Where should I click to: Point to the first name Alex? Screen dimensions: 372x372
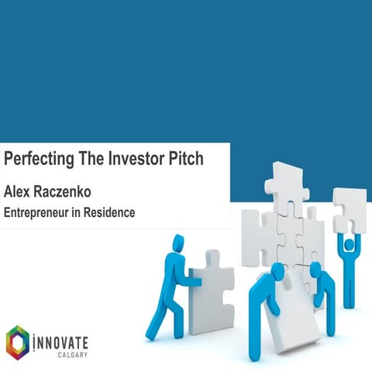tap(19, 189)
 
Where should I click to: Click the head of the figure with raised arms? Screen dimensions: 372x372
tap(349, 244)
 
